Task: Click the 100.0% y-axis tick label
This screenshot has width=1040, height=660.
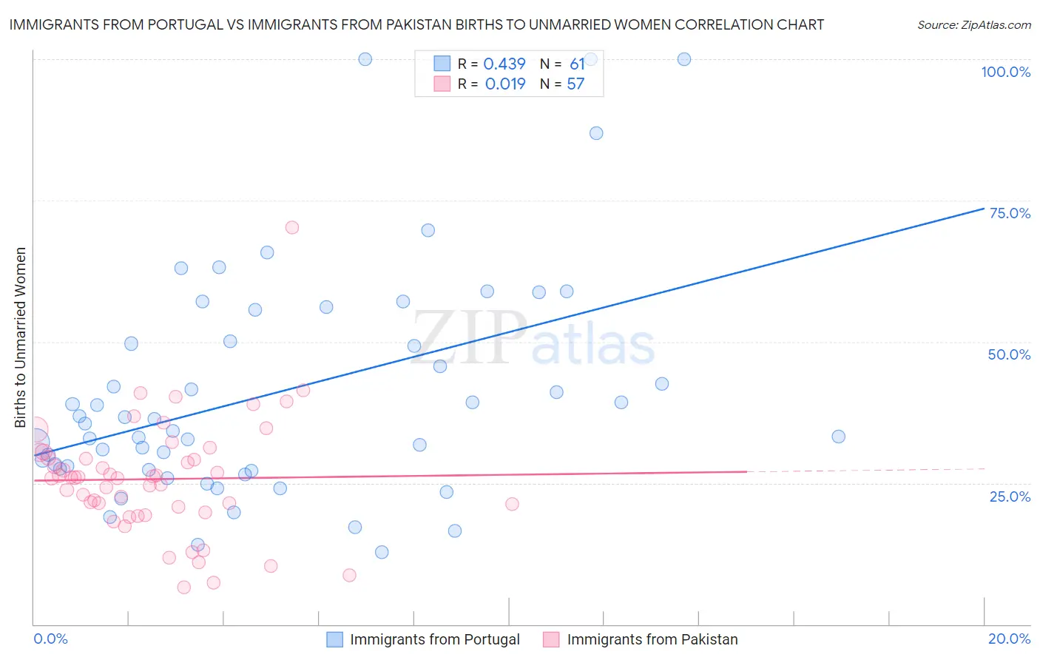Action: (1005, 72)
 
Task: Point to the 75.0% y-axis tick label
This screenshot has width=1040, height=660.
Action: (1010, 213)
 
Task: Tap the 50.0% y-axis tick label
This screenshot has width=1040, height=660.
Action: (1009, 354)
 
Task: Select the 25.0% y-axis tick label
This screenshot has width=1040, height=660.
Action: (1010, 496)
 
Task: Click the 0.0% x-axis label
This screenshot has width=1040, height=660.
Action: (50, 639)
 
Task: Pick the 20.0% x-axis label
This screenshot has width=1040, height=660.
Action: (1009, 639)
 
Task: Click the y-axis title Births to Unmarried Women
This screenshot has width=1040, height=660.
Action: (20, 337)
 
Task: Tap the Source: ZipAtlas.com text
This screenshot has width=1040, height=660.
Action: (973, 25)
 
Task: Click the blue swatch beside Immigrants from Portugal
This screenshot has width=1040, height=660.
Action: (334, 639)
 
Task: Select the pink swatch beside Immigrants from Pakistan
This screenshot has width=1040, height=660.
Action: (551, 639)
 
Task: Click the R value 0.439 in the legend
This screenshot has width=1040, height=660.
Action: (504, 64)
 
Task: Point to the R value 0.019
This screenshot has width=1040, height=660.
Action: (505, 84)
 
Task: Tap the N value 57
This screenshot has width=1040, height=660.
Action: (575, 84)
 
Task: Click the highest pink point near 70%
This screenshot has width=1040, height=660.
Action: (292, 227)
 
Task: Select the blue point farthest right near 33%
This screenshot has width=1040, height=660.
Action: (838, 437)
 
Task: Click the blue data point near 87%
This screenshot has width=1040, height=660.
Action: (596, 133)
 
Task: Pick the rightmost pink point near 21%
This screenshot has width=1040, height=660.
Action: (512, 504)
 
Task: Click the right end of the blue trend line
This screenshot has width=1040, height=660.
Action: (984, 209)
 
